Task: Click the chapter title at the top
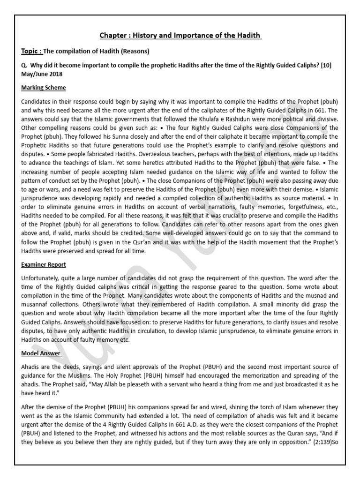point(180,36)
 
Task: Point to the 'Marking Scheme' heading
point(44,88)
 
